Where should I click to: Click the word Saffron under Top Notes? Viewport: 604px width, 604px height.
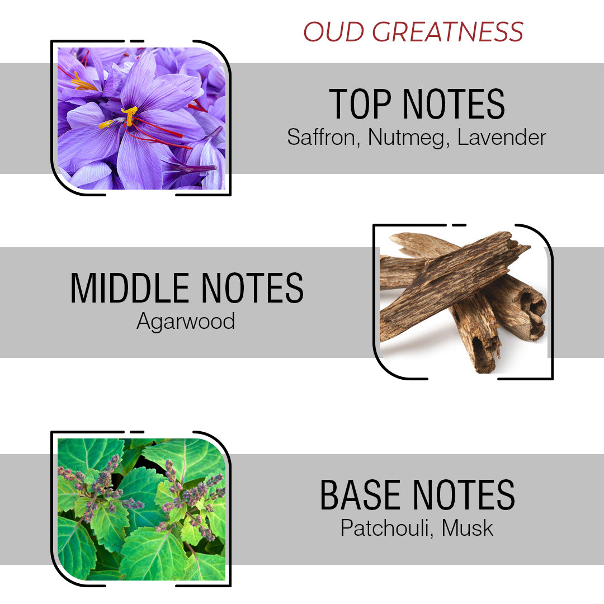pyautogui.click(x=322, y=137)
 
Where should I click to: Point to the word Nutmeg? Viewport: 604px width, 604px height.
pyautogui.click(x=408, y=137)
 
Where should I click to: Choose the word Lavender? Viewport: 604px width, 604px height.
pyautogui.click(x=501, y=137)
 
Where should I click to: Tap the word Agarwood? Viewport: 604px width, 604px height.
pyautogui.click(x=186, y=322)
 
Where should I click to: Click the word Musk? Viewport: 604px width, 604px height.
pyautogui.click(x=468, y=528)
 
